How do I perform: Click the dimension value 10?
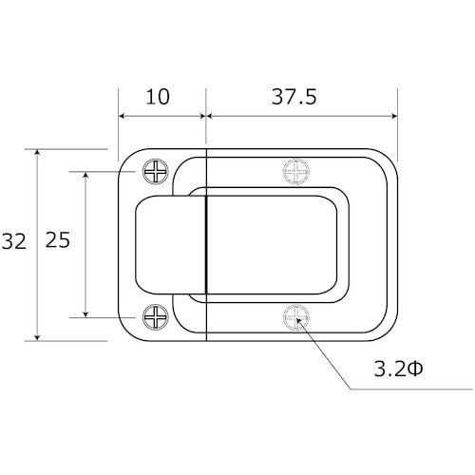click(158, 97)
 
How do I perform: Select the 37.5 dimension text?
click(294, 97)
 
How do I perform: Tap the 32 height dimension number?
click(13, 241)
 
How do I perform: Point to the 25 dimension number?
click(58, 240)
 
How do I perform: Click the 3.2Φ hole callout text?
click(398, 369)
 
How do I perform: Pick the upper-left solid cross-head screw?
click(156, 172)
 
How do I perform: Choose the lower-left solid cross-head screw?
click(156, 317)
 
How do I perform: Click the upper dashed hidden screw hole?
click(296, 172)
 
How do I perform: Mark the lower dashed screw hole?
click(296, 317)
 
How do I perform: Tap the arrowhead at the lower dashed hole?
click(298, 320)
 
